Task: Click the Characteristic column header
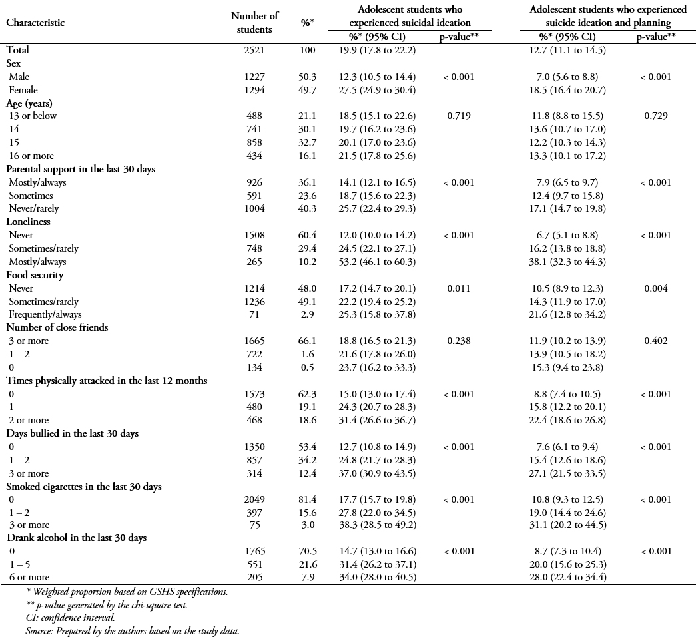coord(35,23)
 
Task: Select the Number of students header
coord(254,23)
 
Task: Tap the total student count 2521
coord(254,50)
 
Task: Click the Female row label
coord(23,90)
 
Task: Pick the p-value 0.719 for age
coord(459,116)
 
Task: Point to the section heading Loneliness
coord(29,222)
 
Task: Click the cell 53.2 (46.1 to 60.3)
coord(377,262)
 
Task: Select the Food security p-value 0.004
coord(656,288)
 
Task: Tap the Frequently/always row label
coord(45,315)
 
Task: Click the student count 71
coord(254,315)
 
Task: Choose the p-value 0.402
coord(656,341)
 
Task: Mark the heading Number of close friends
coord(57,327)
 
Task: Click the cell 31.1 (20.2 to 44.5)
coord(567,525)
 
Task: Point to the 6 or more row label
coord(29,577)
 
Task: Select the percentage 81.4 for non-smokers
coord(307,500)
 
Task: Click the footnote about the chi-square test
coord(107,605)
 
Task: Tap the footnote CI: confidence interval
coord(71,618)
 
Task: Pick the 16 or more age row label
coord(31,156)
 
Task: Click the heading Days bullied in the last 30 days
coord(73,433)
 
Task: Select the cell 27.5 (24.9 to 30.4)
coord(377,90)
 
